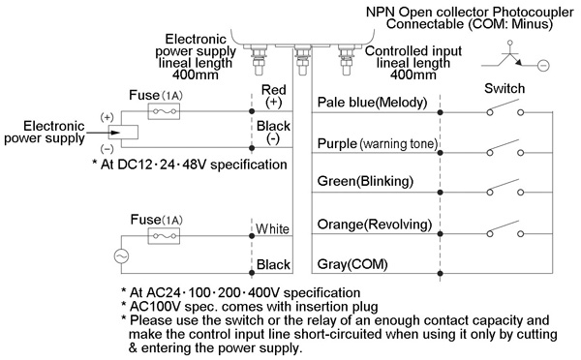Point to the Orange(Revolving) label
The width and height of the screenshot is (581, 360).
[373, 225]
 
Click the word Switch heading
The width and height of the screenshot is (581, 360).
[505, 88]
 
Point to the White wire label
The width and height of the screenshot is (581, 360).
[274, 228]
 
